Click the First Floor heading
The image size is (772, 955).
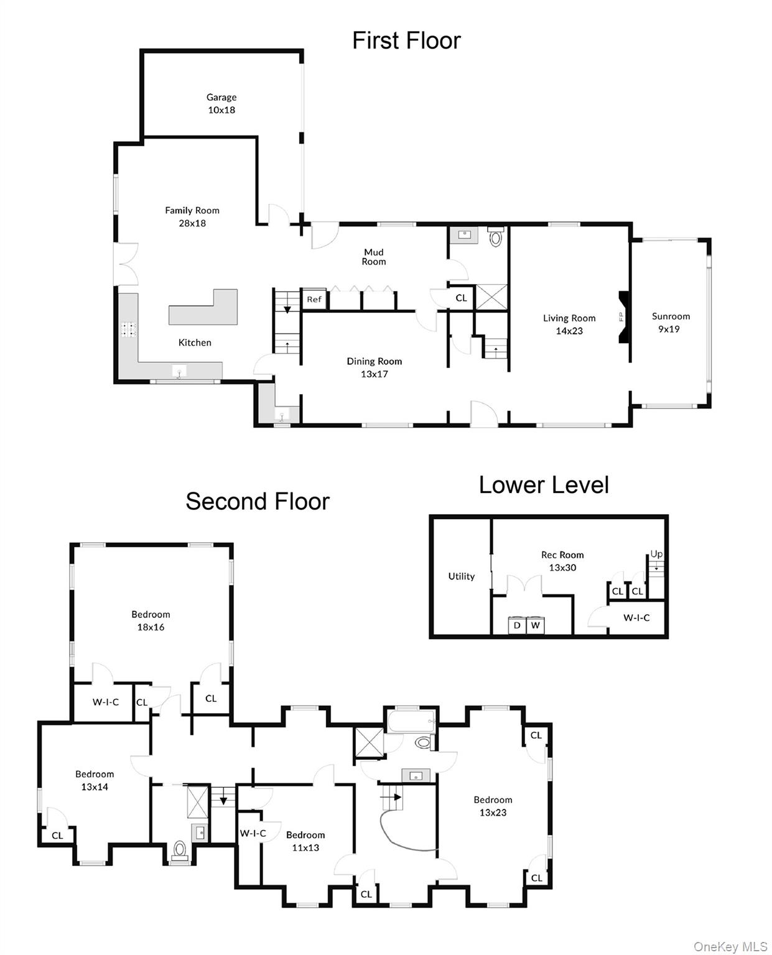[x=406, y=41]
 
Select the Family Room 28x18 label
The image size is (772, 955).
[x=192, y=216]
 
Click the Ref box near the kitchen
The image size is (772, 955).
[x=314, y=299]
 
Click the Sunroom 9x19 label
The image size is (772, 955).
[x=670, y=322]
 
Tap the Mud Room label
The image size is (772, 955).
[x=373, y=256]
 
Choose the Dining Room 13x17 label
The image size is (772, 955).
[x=374, y=367]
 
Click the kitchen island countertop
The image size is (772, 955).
[x=203, y=307]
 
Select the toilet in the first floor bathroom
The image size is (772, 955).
[x=495, y=236]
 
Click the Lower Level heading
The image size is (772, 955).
[x=543, y=485]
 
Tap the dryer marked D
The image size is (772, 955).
[x=516, y=625]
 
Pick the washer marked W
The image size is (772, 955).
[x=535, y=625]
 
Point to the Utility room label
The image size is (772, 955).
[x=461, y=576]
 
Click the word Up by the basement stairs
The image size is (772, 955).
[x=656, y=554]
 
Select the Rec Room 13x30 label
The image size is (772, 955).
[x=562, y=560]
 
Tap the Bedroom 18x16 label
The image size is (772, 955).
[x=151, y=620]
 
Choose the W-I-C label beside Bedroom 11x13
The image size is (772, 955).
[x=253, y=833]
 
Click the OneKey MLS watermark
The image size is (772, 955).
[x=730, y=943]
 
